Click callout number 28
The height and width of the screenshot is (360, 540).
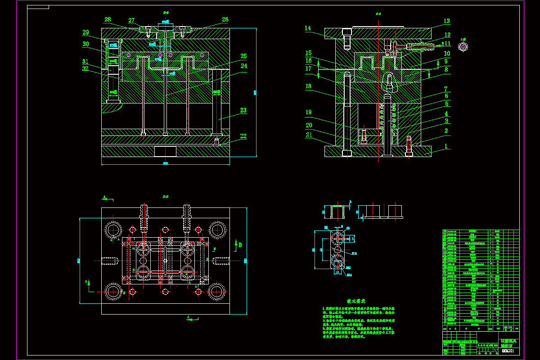[x=108, y=20]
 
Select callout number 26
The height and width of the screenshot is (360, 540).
[x=225, y=20]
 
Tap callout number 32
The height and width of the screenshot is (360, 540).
[x=85, y=69]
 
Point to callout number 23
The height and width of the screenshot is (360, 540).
[x=243, y=110]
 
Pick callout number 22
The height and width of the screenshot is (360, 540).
[x=243, y=136]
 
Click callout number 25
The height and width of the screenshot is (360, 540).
[x=243, y=56]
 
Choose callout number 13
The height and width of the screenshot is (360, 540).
[x=446, y=21]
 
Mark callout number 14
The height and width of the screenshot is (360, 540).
[x=308, y=28]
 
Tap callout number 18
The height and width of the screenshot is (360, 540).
[x=308, y=86]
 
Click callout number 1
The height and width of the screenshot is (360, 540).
[x=446, y=147]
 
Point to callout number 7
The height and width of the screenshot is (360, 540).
[x=445, y=89]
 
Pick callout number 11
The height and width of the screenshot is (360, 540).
[x=447, y=44]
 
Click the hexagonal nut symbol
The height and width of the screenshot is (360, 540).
[x=463, y=46]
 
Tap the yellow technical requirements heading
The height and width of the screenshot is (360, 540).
[x=356, y=301]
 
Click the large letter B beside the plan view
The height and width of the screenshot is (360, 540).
[x=240, y=245]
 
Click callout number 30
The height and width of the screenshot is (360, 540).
[x=85, y=44]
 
